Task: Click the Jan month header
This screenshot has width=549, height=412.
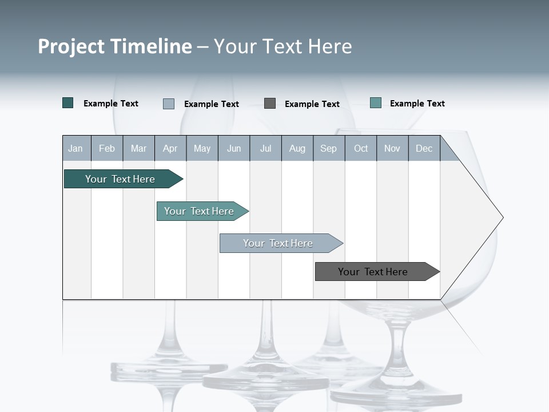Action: point(76,148)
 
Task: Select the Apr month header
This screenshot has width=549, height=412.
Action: point(170,148)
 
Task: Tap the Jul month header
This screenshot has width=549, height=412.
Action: point(265,148)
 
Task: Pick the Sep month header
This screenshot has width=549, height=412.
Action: point(328,148)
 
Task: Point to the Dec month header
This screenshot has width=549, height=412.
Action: point(424,148)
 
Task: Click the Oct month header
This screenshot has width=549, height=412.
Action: point(360,148)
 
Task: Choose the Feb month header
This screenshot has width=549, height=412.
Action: point(107,148)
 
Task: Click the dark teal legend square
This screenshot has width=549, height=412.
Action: point(68,103)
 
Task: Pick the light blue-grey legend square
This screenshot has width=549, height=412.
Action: point(169,104)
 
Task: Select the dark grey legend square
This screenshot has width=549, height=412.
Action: point(270,104)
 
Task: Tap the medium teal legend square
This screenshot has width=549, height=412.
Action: point(376,103)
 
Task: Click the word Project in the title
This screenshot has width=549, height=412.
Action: point(71,46)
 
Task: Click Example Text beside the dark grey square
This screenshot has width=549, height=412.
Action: point(312,104)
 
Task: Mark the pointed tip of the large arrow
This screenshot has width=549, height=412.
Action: point(502,217)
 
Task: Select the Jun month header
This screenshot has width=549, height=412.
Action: point(234,148)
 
